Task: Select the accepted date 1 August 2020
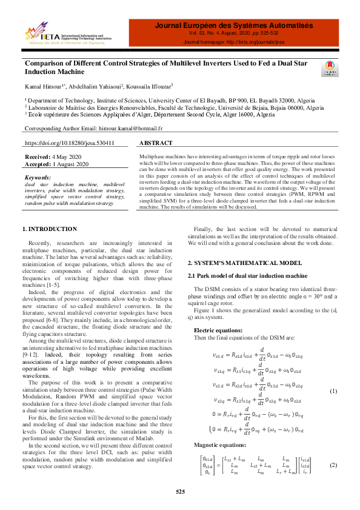71,164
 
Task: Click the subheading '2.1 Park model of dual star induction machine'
248,276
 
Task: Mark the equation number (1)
333,391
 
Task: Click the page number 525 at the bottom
180,491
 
